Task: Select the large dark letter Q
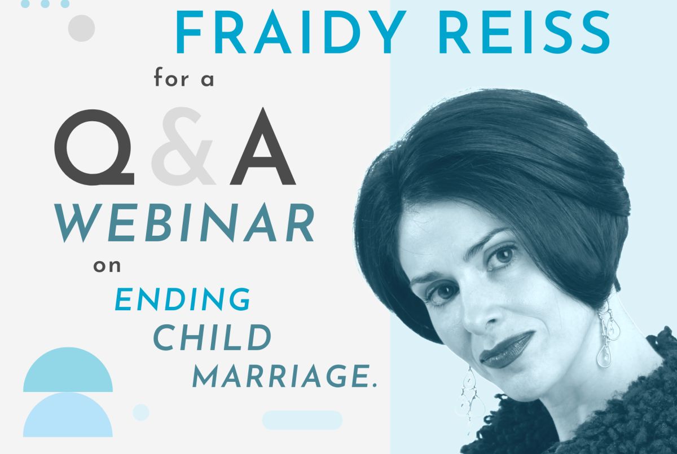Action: pos(94,147)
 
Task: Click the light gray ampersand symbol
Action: pos(183,146)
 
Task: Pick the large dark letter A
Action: pos(262,146)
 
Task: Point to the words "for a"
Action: pos(184,77)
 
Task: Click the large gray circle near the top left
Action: pos(82,28)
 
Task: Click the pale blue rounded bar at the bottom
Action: pos(302,420)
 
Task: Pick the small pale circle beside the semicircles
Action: pos(141,412)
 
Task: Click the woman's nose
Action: pos(477,317)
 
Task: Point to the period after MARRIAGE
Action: pos(375,385)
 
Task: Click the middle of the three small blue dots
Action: pos(45,3)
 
